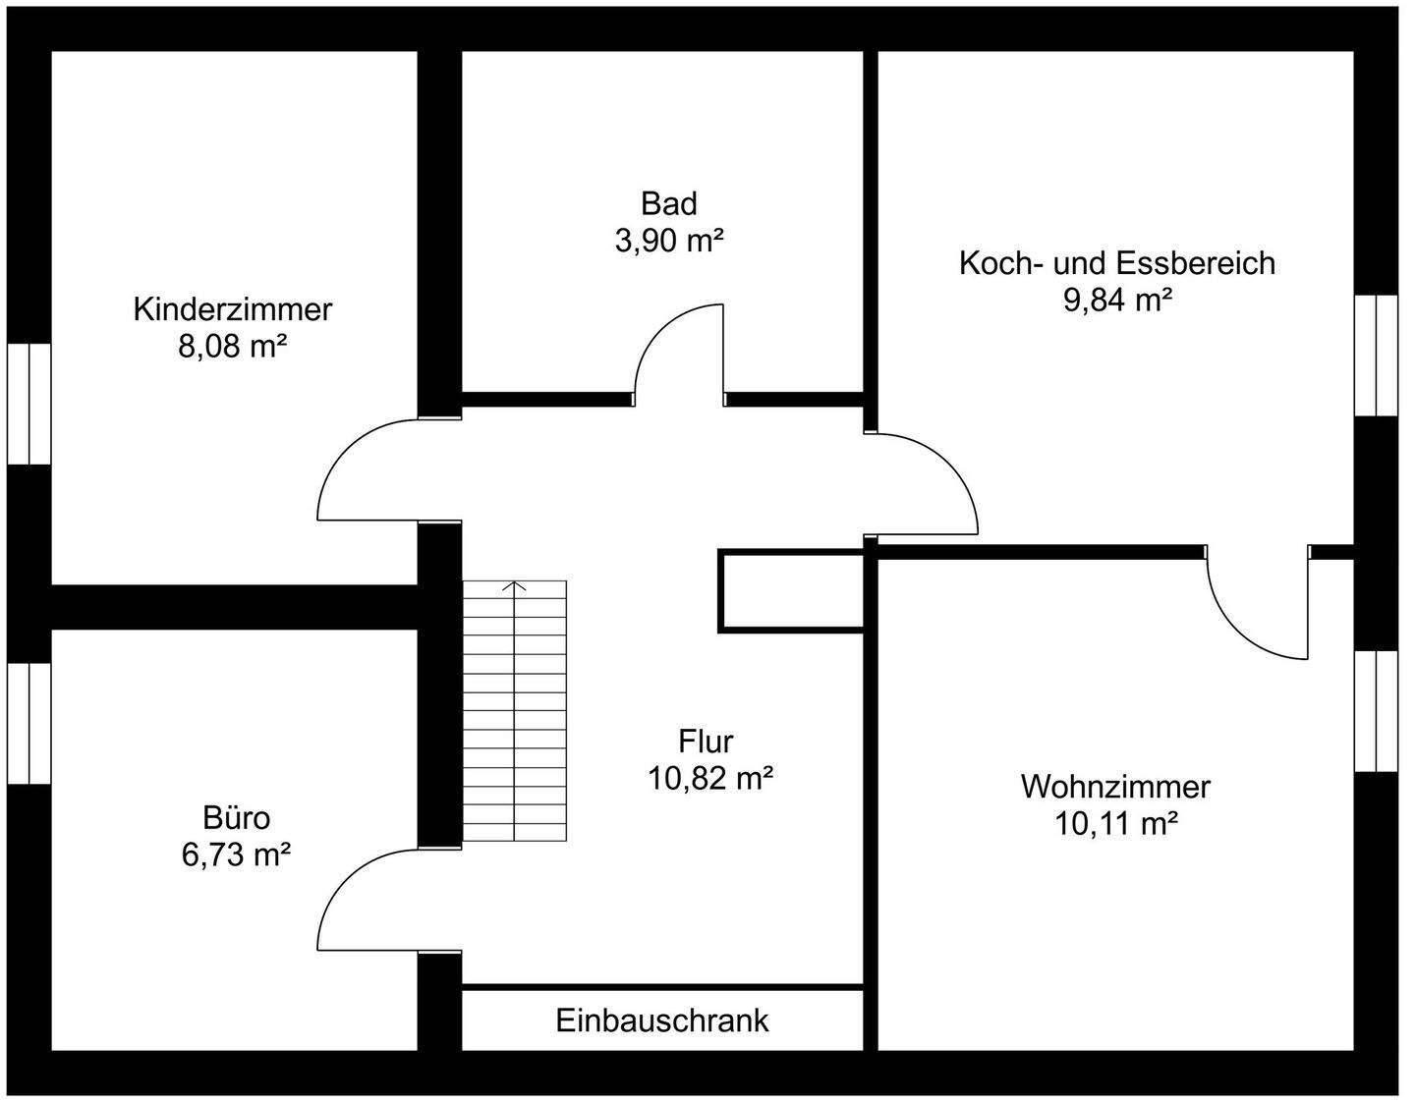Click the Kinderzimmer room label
(x=233, y=309)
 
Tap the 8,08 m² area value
(x=233, y=347)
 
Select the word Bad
(x=668, y=203)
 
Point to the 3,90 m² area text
(x=668, y=241)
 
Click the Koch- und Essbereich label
(x=1116, y=263)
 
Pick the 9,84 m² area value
(x=1117, y=300)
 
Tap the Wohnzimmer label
(x=1115, y=787)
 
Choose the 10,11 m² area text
(x=1116, y=824)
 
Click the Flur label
(x=706, y=741)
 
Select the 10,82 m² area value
(x=709, y=778)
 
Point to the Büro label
(x=236, y=817)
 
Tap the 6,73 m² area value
(x=236, y=854)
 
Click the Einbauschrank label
(x=662, y=1020)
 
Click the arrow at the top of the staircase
(x=515, y=586)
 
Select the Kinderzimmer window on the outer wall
(x=28, y=403)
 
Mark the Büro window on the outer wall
(x=28, y=723)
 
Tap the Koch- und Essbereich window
(x=1376, y=355)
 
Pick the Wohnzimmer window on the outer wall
(x=1376, y=710)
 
